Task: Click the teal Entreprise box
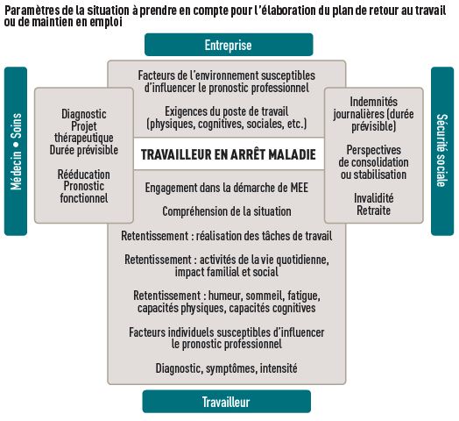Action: click(x=228, y=45)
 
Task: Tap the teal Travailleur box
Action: click(x=228, y=402)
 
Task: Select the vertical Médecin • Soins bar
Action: click(x=16, y=150)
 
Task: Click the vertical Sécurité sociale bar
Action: click(x=442, y=150)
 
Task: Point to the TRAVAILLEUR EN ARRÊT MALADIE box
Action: click(x=227, y=154)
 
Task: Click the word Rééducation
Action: click(x=84, y=175)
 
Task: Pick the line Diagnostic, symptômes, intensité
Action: click(x=226, y=367)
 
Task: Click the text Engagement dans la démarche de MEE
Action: click(x=226, y=187)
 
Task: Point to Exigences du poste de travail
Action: click(x=226, y=111)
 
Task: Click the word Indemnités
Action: click(x=373, y=102)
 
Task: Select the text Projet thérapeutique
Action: click(x=84, y=132)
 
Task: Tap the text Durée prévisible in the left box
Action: click(x=84, y=150)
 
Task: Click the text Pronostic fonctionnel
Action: click(x=84, y=192)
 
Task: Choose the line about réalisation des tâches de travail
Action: click(x=226, y=236)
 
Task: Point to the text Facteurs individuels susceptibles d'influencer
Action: click(x=226, y=332)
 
